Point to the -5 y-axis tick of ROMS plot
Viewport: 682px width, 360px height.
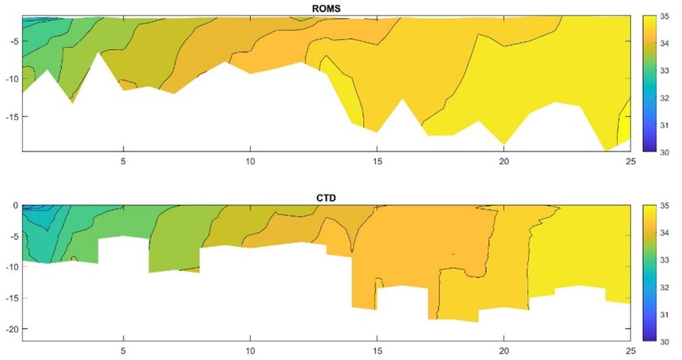12,42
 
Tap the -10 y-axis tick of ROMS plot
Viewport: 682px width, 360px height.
10,79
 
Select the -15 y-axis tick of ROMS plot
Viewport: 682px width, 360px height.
10,116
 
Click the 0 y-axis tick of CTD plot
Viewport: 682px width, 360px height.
15,205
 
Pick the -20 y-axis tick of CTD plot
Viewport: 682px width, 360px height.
10,329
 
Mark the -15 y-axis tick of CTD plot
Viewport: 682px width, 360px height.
10,298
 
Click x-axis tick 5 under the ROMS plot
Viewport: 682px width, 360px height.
123,160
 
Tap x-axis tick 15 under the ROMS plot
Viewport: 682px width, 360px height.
377,160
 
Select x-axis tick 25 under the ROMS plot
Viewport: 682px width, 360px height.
630,160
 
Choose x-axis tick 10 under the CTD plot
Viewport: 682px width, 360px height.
250,350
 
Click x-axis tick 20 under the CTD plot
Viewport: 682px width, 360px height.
504,350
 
